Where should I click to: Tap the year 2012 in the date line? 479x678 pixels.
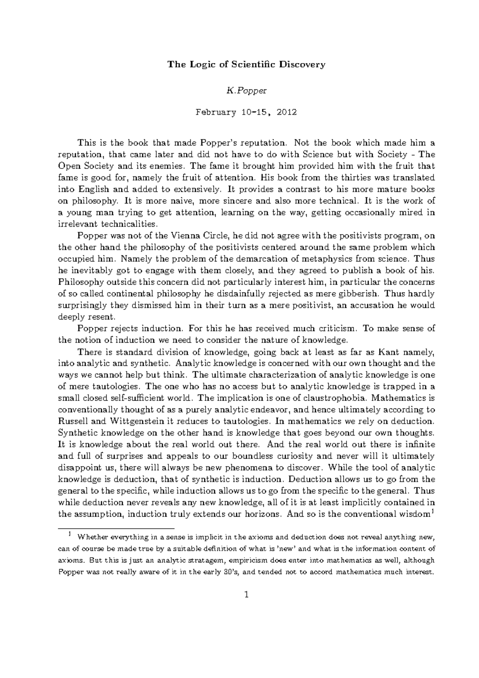pos(286,112)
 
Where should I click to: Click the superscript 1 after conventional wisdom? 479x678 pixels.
pos(433,511)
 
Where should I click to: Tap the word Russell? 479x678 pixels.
pos(71,421)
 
